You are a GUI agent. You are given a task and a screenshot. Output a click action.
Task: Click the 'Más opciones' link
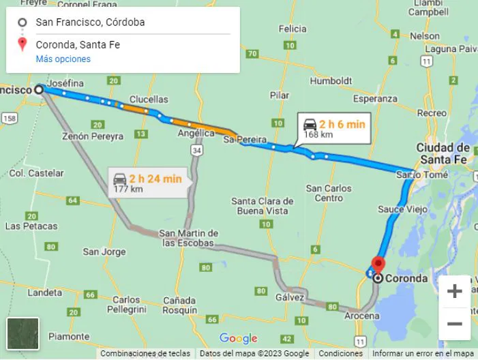point(63,59)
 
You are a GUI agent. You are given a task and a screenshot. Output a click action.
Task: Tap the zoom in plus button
point(454,292)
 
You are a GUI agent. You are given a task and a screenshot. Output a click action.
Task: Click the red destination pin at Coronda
point(378,265)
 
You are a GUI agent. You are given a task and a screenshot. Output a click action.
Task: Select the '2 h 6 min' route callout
point(334,129)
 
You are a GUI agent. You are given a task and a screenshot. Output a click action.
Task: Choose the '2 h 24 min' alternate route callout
point(148,183)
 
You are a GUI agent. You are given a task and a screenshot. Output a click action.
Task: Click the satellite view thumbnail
point(22,333)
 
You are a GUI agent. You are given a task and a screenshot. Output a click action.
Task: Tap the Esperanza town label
point(374,98)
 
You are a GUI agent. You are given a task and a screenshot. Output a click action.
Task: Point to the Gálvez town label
point(290,297)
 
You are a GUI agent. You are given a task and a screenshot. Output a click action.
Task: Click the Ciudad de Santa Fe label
point(443,153)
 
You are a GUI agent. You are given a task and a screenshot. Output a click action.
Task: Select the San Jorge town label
point(104,252)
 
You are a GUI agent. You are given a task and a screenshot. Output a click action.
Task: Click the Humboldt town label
point(331,80)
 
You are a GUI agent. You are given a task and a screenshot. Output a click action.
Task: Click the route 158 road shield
point(10,118)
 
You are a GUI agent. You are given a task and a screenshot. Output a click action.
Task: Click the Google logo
point(238,339)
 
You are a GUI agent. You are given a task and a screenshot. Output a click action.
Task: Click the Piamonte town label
point(68,336)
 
